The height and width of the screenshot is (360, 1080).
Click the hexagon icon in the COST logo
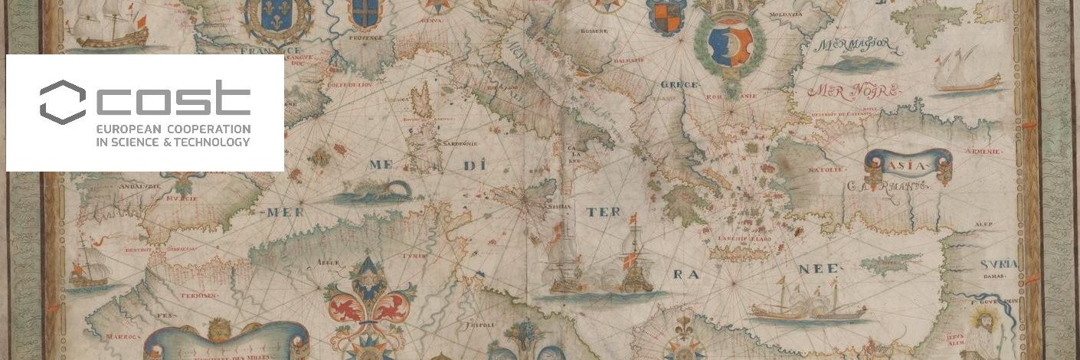[x=62, y=101]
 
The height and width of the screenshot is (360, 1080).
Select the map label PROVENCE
[x=366, y=37]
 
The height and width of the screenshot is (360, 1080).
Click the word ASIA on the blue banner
[x=908, y=165]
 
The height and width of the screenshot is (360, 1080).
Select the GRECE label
[x=679, y=84]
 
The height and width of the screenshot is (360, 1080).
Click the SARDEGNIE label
[x=447, y=143]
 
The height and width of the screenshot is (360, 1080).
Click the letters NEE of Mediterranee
[x=819, y=269]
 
